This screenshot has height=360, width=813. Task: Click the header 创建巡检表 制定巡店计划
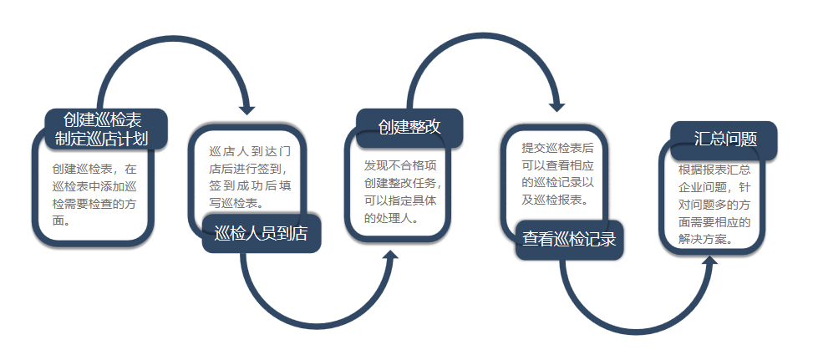(106, 129)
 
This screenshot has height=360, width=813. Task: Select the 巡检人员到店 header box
(262, 234)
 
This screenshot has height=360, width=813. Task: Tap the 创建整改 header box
(409, 128)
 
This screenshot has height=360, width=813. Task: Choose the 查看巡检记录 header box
(569, 240)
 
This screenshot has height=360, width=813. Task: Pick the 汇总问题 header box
(724, 139)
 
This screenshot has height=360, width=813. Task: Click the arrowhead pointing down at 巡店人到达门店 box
(247, 109)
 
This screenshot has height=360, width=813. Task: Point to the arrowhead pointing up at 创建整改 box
(390, 256)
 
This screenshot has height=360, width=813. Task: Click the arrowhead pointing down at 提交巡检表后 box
(556, 107)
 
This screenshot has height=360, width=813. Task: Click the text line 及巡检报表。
(555, 200)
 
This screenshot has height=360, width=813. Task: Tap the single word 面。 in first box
(62, 221)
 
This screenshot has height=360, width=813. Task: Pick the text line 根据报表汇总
(714, 170)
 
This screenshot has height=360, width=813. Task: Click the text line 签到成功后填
(250, 186)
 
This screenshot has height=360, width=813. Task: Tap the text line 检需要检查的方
(94, 204)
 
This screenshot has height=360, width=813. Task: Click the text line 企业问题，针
(714, 187)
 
